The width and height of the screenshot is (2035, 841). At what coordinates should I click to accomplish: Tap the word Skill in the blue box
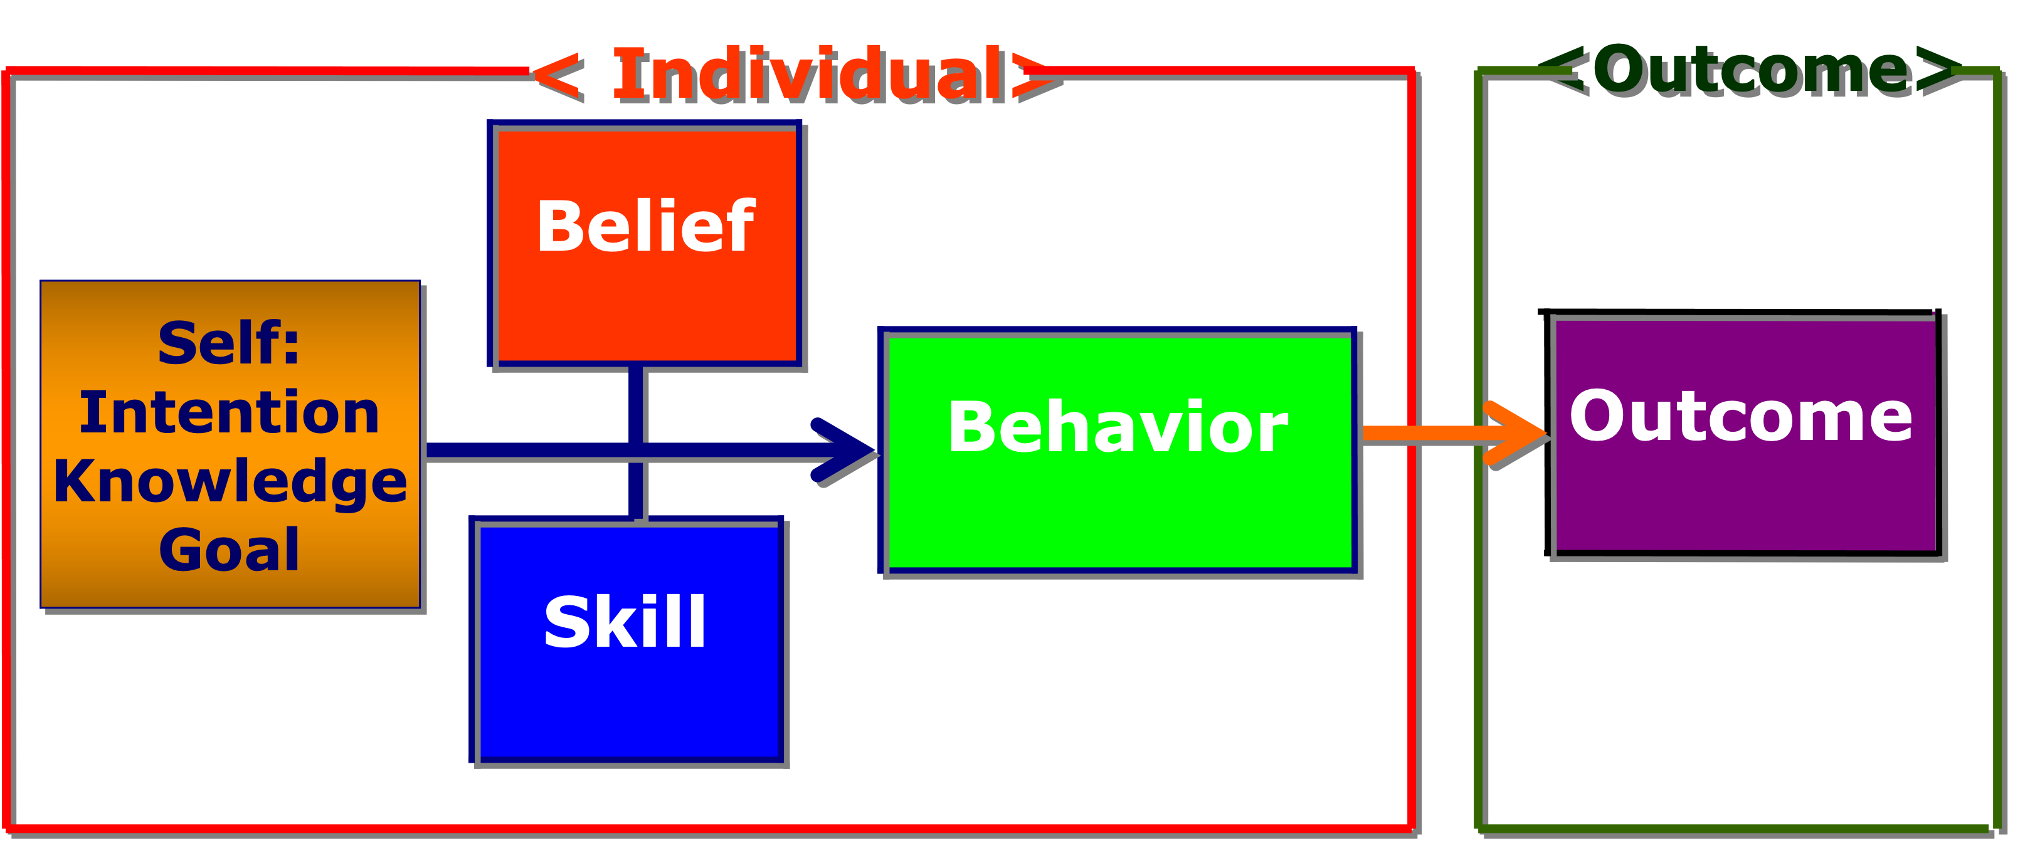(625, 622)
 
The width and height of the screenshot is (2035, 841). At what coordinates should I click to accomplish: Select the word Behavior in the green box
(1118, 427)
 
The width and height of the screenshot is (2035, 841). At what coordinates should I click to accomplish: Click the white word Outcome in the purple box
(1740, 415)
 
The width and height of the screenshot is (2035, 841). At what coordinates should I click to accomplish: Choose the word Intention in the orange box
(229, 412)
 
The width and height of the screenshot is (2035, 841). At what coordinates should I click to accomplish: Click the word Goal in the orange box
(229, 550)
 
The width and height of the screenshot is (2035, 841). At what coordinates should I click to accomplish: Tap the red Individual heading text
(810, 75)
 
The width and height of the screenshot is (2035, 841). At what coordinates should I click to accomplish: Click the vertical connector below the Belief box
(637, 403)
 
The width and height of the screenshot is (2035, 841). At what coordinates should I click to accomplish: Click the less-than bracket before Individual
(559, 76)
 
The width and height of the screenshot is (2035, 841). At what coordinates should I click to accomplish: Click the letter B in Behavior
(973, 427)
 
